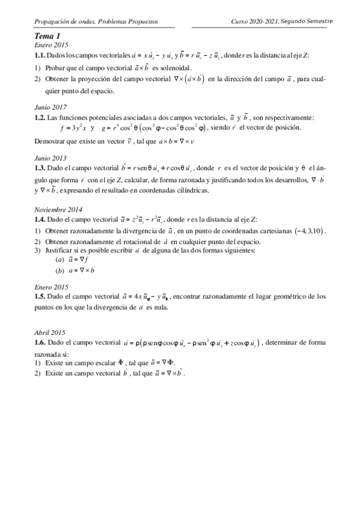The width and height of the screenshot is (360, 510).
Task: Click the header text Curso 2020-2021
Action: tap(253, 21)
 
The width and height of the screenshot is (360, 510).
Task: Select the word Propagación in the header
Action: tap(53, 21)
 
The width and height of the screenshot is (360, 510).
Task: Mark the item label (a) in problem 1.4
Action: tap(59, 259)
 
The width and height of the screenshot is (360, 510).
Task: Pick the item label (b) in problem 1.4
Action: tap(59, 270)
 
